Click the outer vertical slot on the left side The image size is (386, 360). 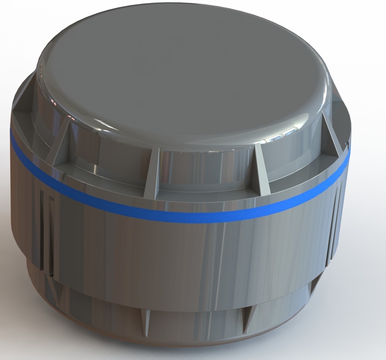click(41, 230)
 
